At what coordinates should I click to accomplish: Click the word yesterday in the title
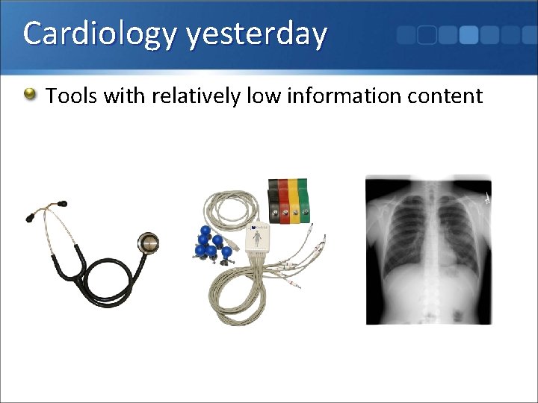257,34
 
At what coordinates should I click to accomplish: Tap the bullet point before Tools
30,94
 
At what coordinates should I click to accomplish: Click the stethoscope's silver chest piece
148,242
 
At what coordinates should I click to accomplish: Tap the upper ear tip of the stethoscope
61,201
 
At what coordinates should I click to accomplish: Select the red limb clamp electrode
285,199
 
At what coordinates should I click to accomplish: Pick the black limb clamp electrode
274,199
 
